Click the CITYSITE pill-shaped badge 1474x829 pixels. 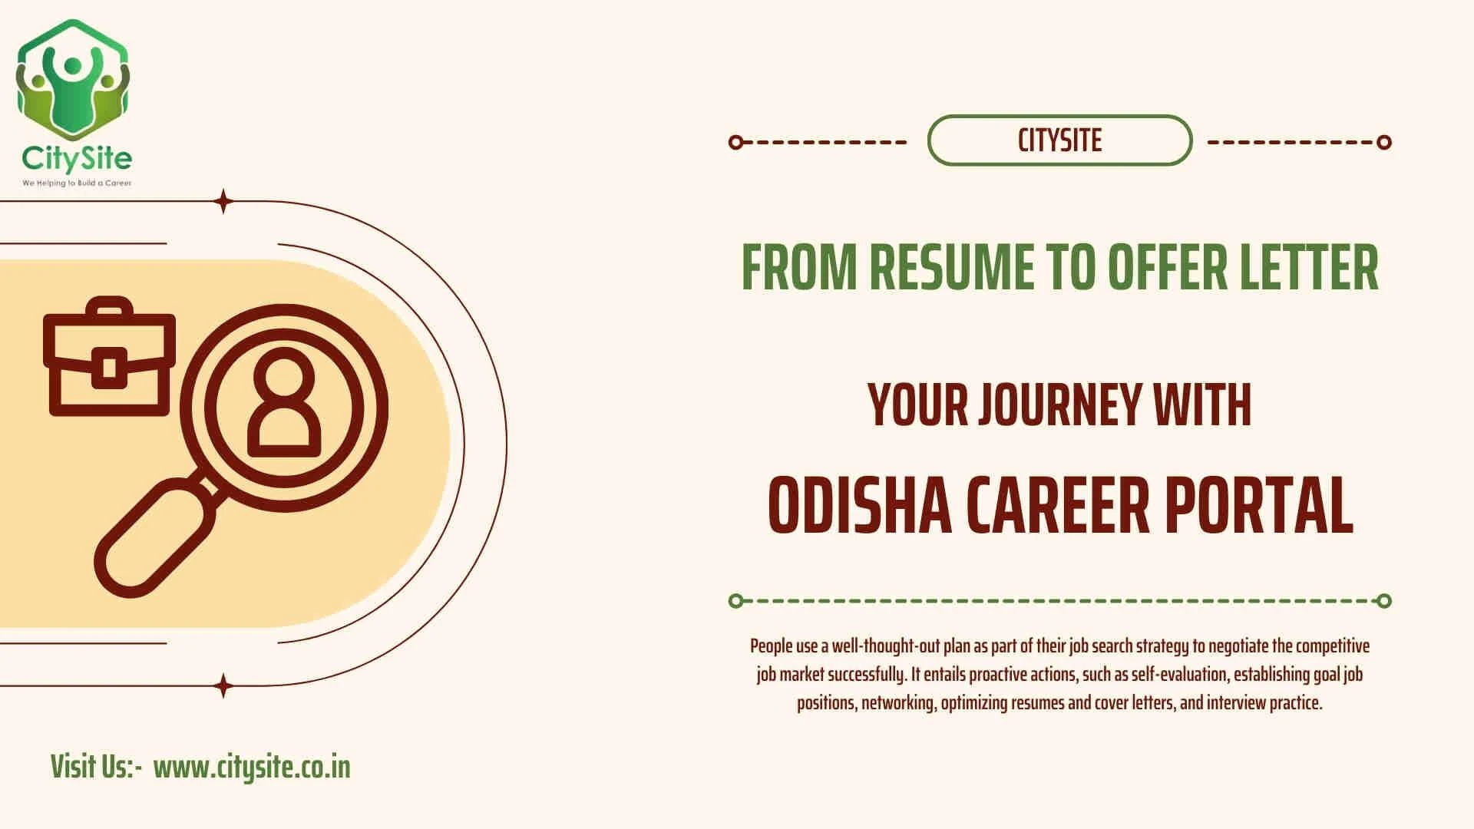[x=1059, y=140]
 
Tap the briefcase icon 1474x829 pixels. [x=109, y=358]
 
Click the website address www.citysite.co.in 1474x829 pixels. [x=252, y=767]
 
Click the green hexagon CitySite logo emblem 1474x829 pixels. [x=73, y=80]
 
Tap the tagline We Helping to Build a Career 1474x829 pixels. [x=77, y=183]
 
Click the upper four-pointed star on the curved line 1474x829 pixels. [x=223, y=201]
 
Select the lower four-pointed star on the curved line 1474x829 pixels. [x=223, y=685]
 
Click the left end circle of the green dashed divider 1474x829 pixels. [x=735, y=601]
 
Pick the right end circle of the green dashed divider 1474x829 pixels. [x=1384, y=601]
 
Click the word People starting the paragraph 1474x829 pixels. [x=771, y=646]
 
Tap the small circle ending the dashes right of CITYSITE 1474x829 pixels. [x=1384, y=142]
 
